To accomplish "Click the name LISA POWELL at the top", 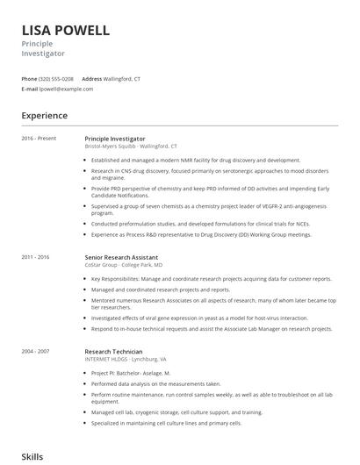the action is coord(66,30).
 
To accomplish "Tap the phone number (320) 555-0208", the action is coord(57,79).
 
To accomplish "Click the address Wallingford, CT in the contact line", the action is coord(122,79).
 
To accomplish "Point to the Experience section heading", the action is coord(44,116).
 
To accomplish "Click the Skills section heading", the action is coord(32,457).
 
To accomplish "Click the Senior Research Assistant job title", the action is coord(121,257).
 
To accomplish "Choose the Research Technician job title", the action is coord(113,352).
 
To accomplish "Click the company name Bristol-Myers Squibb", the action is coord(110,147).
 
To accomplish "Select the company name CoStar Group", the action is coord(100,264).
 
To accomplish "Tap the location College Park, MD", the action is coord(143,264).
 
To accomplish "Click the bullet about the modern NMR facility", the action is coord(196,161).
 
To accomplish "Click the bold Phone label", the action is coord(29,79).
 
